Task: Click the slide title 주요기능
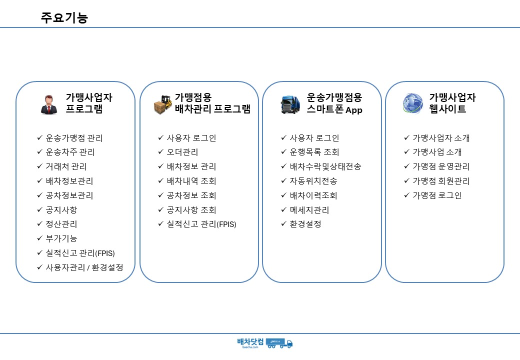point(64,17)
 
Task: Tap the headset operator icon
point(49,104)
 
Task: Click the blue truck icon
point(290,104)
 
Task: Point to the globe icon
point(413,103)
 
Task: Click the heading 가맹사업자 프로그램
point(89,103)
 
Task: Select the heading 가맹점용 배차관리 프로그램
point(212,103)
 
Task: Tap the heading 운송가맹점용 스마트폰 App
point(334,103)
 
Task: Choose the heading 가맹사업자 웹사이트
point(452,103)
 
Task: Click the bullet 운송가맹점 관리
point(74,138)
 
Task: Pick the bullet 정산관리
point(61,224)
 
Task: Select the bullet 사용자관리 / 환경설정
point(84,267)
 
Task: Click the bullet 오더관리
point(182,152)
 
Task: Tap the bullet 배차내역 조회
point(191,181)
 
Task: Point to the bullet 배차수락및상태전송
point(325,166)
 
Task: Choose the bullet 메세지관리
point(309,210)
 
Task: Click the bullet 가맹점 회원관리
point(441,181)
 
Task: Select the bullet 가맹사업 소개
point(437,152)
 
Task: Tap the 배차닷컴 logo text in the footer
point(250,342)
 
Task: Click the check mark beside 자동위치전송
point(283,180)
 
